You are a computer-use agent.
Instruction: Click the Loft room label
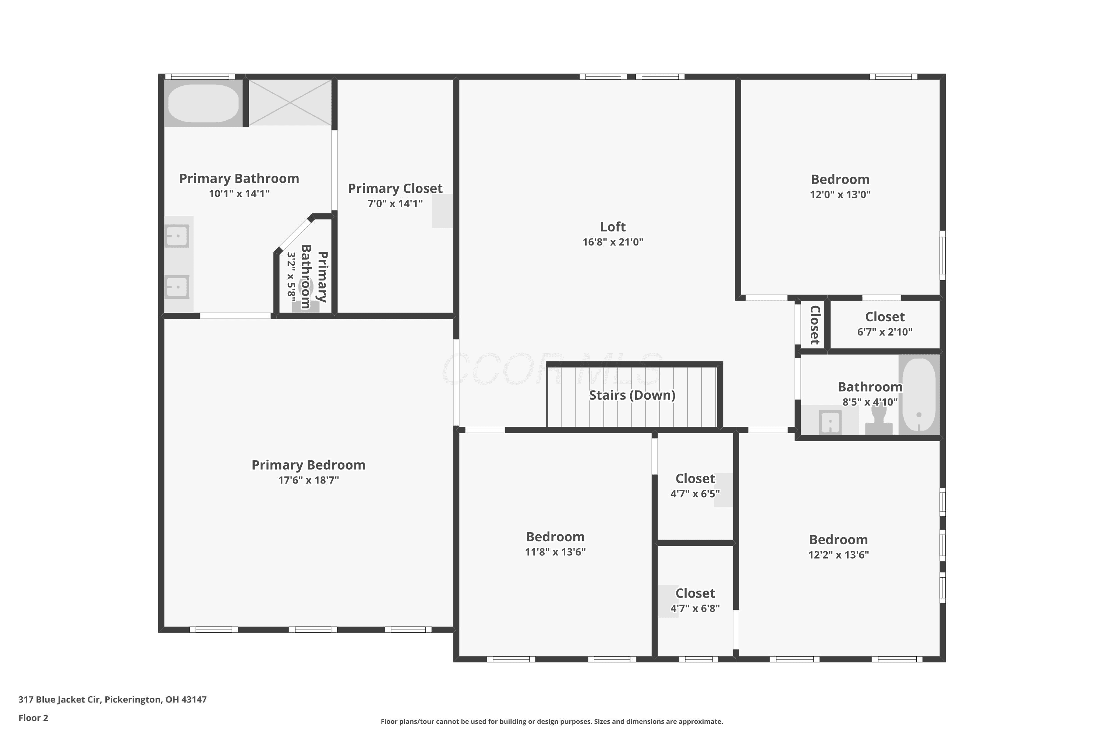click(613, 227)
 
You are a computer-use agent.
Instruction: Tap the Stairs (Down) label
click(632, 395)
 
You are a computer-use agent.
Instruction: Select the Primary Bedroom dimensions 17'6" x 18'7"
click(308, 480)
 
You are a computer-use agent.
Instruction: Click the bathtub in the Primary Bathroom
click(203, 103)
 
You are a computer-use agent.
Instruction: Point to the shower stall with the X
click(290, 102)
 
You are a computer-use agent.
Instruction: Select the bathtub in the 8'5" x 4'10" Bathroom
click(919, 394)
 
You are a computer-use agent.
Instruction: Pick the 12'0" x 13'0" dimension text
click(840, 194)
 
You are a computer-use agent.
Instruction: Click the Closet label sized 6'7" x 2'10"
click(885, 317)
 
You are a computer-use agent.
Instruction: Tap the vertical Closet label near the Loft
click(815, 325)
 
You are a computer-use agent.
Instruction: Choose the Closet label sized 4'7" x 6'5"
click(695, 479)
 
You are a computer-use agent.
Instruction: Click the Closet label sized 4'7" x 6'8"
click(695, 593)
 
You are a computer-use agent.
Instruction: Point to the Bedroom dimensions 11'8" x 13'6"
click(555, 552)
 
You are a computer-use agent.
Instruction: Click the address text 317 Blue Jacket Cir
click(59, 700)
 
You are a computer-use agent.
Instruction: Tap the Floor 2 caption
click(33, 718)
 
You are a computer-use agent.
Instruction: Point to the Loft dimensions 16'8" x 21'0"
click(613, 242)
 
